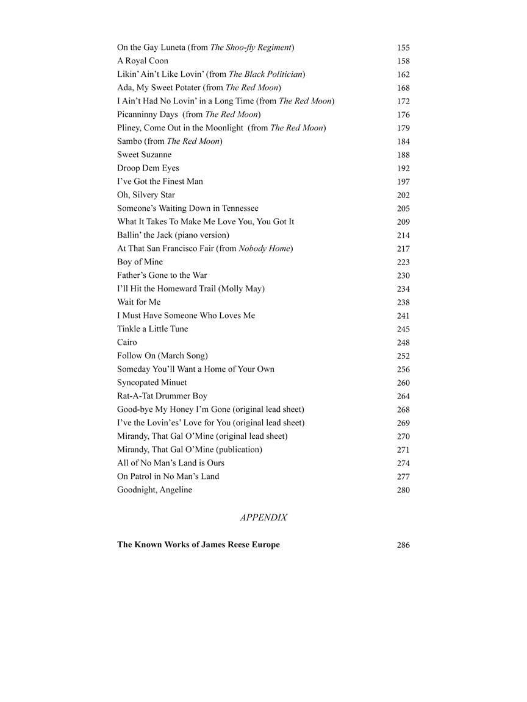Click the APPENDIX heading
click(x=263, y=517)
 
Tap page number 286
click(x=403, y=545)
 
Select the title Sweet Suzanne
click(x=145, y=155)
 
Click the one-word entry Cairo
click(x=127, y=342)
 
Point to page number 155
click(x=403, y=48)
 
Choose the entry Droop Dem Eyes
click(x=148, y=168)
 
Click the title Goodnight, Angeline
click(x=154, y=490)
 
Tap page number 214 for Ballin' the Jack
click(x=403, y=235)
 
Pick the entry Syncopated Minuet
click(x=152, y=383)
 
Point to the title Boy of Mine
click(x=140, y=262)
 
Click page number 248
click(x=403, y=342)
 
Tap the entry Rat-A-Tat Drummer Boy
click(x=162, y=396)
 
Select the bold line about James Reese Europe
click(x=198, y=545)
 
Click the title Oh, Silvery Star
click(x=146, y=195)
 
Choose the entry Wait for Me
click(x=139, y=302)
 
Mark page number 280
click(x=403, y=490)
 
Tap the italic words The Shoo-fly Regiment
click(x=251, y=48)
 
